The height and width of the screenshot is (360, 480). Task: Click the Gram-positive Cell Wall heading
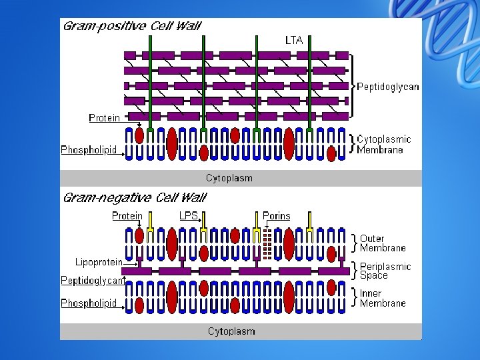coord(131,27)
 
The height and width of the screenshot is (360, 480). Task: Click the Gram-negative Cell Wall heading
coord(134,198)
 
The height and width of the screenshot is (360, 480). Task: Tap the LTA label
coord(294,41)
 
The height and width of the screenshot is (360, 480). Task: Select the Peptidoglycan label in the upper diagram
coord(388,87)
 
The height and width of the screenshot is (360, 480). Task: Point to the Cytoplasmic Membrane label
coord(384,145)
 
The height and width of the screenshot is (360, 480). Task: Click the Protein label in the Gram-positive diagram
coord(105,118)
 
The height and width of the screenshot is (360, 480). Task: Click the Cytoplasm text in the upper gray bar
coord(229,178)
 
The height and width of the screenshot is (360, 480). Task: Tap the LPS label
coord(189,216)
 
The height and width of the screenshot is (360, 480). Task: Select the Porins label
coord(277,216)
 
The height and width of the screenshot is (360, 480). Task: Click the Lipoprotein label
coord(99,262)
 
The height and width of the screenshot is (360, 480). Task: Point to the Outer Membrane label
coord(383,243)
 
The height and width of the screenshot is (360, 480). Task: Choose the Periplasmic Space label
coord(385,271)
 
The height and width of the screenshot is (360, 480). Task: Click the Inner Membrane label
coord(383,298)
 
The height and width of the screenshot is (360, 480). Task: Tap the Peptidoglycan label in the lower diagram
coord(93,281)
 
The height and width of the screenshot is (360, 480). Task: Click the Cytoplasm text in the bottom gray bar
coord(231,331)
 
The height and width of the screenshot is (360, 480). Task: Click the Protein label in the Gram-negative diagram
coord(127,216)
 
